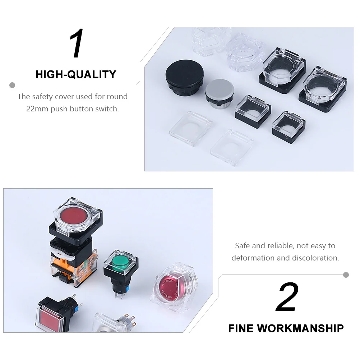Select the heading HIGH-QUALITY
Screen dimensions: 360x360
click(76, 74)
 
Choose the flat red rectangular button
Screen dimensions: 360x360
click(51, 318)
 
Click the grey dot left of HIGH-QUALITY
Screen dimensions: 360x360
click(12, 85)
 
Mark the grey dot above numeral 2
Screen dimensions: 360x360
click(346, 275)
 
